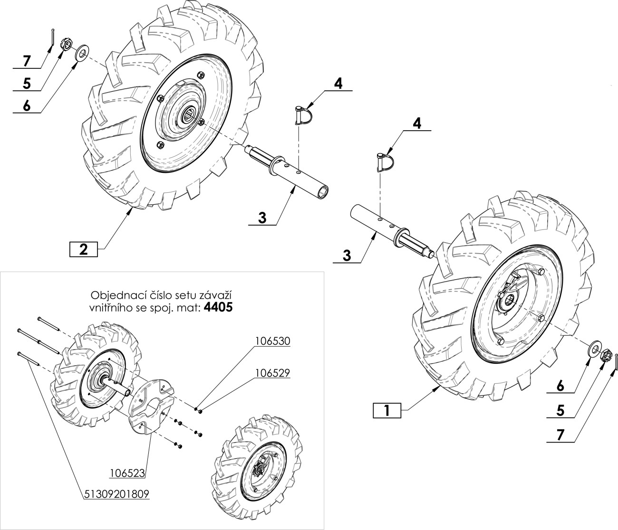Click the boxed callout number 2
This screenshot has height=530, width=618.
pyautogui.click(x=83, y=249)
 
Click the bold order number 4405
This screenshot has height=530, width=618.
pyautogui.click(x=218, y=307)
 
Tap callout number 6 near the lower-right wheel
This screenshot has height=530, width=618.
pyautogui.click(x=561, y=387)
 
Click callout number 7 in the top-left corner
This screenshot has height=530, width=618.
pyautogui.click(x=26, y=61)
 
